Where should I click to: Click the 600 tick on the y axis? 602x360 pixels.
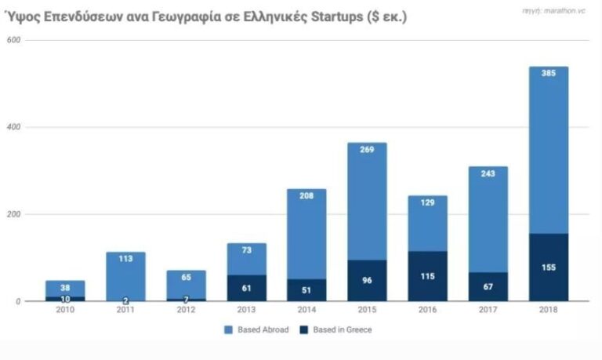click(x=12, y=40)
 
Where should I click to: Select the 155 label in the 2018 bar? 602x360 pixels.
click(x=548, y=267)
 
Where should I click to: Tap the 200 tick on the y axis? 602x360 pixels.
click(x=12, y=214)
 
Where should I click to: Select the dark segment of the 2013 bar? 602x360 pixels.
click(x=246, y=288)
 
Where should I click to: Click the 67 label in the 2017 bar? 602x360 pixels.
click(x=488, y=286)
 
